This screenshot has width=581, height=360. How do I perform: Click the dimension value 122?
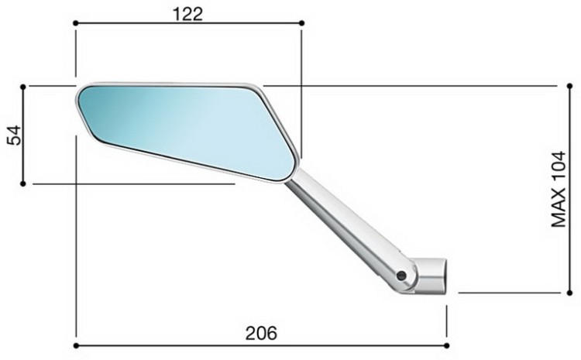tap(188, 14)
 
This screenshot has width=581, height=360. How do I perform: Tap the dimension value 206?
tap(261, 333)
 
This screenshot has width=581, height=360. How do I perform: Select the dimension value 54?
tap(15, 135)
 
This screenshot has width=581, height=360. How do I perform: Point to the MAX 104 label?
tap(559, 189)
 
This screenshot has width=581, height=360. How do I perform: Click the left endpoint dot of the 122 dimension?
tap(76, 23)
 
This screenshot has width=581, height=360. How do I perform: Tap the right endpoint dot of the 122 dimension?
tap(301, 23)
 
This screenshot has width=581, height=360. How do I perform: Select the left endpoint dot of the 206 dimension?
tap(76, 346)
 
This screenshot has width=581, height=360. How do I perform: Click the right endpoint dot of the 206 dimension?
tap(447, 346)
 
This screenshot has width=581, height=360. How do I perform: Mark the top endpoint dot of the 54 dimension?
tap(23, 87)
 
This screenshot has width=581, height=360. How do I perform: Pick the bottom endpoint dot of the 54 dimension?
tap(23, 183)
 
